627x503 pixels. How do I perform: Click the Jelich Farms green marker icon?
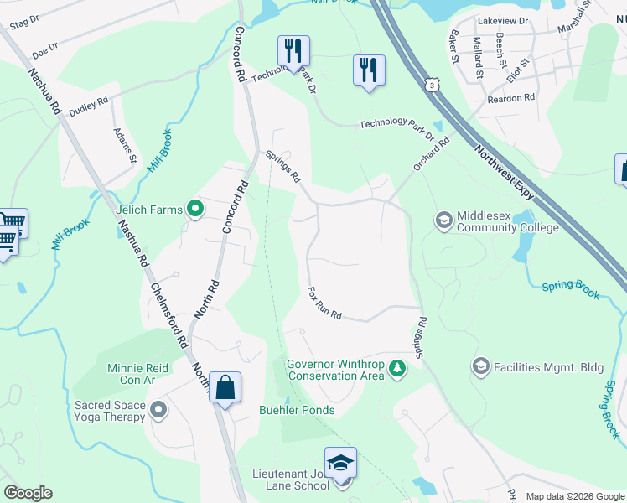(195, 209)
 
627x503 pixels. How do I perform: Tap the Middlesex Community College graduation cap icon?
(443, 220)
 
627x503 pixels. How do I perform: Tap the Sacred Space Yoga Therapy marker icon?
(158, 410)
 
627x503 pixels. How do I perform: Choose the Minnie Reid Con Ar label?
(138, 374)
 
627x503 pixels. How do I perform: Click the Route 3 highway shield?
(430, 85)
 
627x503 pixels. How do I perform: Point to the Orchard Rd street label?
(431, 155)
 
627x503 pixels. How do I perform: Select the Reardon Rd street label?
(510, 98)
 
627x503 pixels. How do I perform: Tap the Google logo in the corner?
(28, 493)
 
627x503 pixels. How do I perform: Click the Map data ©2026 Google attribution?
(574, 496)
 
